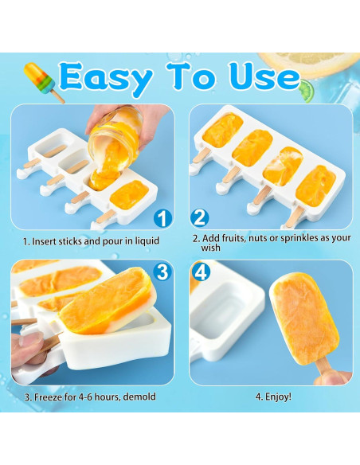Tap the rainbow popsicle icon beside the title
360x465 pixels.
click(x=42, y=80)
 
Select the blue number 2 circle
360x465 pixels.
click(x=200, y=217)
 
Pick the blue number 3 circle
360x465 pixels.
click(x=162, y=272)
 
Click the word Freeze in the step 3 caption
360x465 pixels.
click(x=46, y=396)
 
